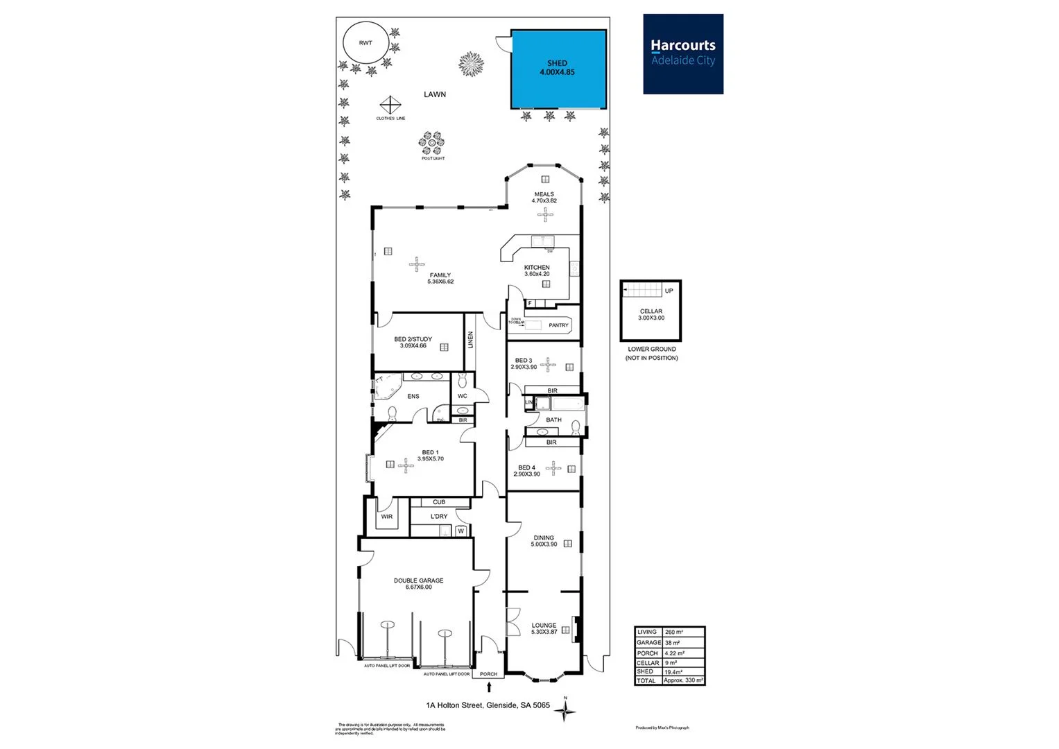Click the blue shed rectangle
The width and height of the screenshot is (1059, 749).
coord(558,69)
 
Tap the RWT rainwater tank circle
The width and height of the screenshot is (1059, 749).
coord(365,43)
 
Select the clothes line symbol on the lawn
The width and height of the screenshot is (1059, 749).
coord(390,105)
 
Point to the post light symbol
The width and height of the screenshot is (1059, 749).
coord(432,144)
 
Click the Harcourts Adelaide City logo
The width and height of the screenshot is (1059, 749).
coord(683,53)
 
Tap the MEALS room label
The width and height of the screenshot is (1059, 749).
coord(544,195)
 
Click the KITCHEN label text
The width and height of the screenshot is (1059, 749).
coord(537,268)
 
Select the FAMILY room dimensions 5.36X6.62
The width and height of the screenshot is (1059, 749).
coord(440,282)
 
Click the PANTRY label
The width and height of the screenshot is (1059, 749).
coord(558,325)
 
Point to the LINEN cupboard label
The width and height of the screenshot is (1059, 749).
coord(470,340)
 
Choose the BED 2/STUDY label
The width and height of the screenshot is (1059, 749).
coord(413,339)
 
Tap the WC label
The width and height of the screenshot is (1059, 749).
coord(463,396)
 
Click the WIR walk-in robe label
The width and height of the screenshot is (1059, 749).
coord(386,517)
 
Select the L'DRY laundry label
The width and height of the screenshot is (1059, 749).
coord(439,517)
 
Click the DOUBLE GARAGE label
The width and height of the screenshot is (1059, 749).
coord(418,580)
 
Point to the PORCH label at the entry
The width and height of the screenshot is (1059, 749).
coord(488,674)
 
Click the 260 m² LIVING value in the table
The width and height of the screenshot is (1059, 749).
coord(673,632)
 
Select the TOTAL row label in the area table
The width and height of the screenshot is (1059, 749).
coord(646,681)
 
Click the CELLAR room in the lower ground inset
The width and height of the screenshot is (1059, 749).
coord(651,314)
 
